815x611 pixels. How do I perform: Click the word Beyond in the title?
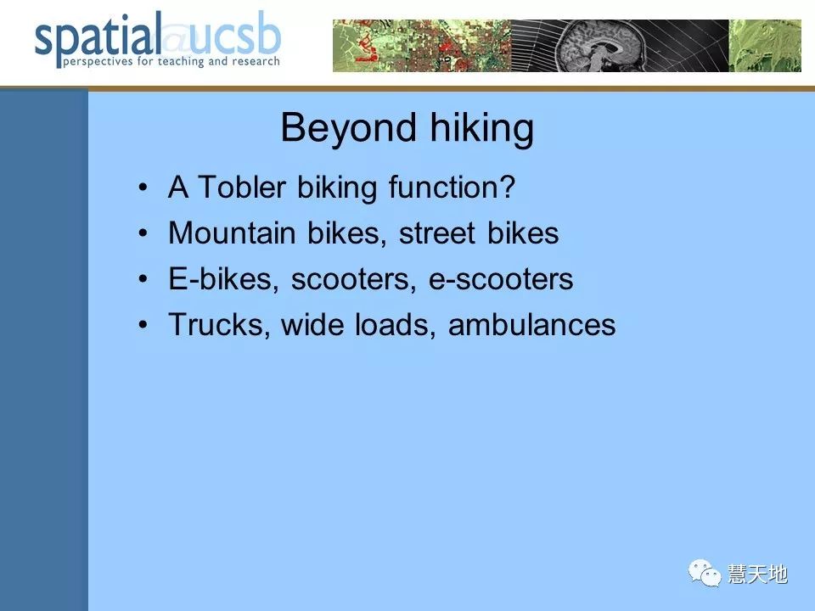pyautogui.click(x=348, y=128)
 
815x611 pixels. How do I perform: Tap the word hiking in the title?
pyautogui.click(x=482, y=128)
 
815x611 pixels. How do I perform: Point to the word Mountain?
pyautogui.click(x=232, y=233)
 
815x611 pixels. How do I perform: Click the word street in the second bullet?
pyautogui.click(x=437, y=233)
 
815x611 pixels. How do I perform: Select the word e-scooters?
pyautogui.click(x=501, y=279)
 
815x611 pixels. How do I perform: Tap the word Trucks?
pyautogui.click(x=219, y=325)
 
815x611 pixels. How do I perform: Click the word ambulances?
pyautogui.click(x=531, y=325)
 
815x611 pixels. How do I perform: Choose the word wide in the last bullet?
pyautogui.click(x=313, y=325)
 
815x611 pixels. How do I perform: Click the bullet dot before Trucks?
pyautogui.click(x=143, y=325)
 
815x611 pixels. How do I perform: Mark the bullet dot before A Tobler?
pyautogui.click(x=143, y=187)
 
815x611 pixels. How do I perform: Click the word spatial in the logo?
pyautogui.click(x=97, y=38)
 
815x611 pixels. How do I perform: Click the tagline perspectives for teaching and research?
pyautogui.click(x=171, y=61)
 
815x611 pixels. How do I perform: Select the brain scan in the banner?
pyautogui.click(x=601, y=46)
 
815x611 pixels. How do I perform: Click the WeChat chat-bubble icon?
pyautogui.click(x=705, y=573)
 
